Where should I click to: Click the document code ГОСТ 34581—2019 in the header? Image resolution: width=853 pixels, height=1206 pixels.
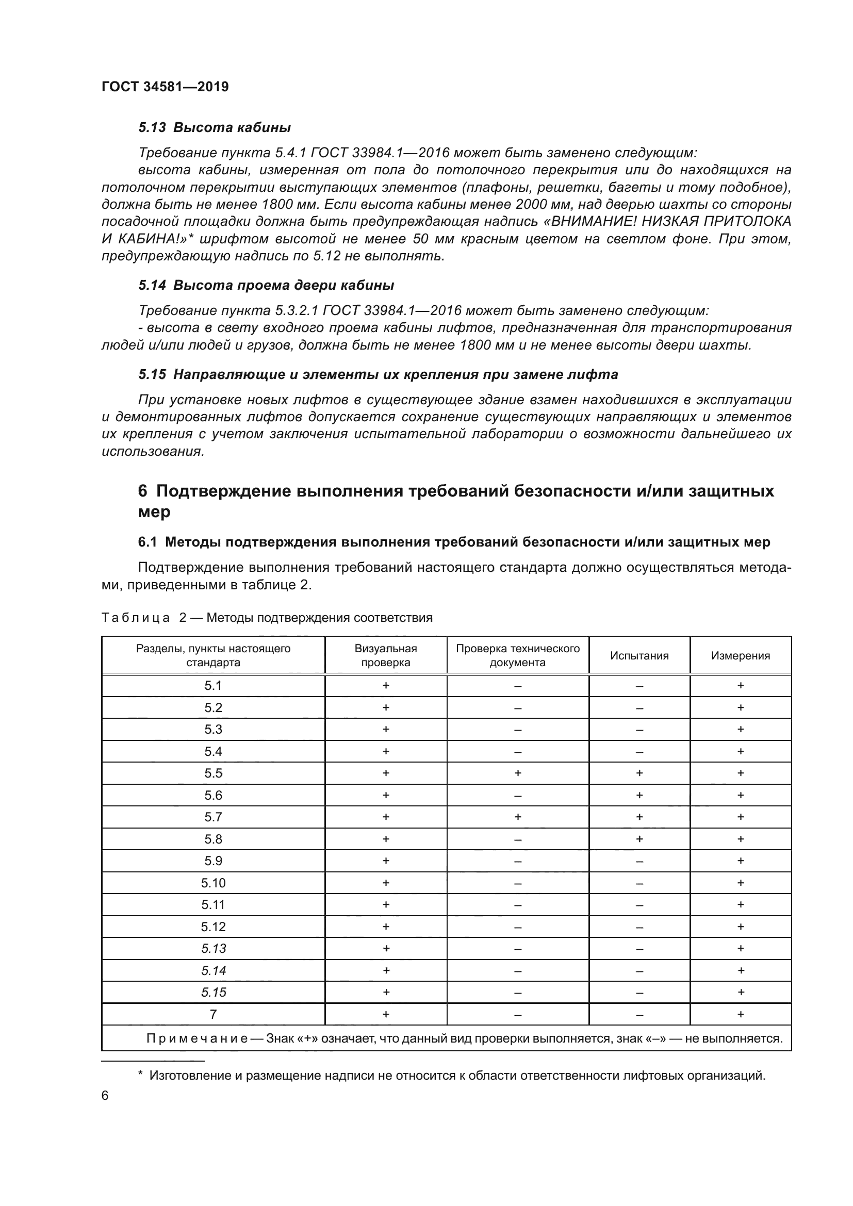165,87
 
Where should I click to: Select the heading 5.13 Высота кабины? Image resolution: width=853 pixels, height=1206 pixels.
215,128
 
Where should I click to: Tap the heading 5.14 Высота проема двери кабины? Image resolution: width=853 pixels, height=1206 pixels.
266,285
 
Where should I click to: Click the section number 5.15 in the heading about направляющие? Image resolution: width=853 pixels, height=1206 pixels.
152,374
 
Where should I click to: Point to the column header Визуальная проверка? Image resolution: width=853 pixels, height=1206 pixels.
386,655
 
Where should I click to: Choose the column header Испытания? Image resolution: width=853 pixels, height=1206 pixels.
639,655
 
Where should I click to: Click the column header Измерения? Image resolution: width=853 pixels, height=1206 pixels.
740,655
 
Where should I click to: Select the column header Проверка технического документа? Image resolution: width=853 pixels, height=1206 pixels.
517,655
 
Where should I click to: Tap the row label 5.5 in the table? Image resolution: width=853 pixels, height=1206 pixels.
214,773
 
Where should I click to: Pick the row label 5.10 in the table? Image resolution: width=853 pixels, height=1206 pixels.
214,883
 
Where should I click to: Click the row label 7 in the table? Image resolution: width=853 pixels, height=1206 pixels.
214,1014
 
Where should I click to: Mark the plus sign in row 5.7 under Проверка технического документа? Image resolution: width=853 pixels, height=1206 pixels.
517,817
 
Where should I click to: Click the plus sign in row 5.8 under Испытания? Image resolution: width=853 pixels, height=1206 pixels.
639,839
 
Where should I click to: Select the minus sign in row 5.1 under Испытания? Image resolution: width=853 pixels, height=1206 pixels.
639,686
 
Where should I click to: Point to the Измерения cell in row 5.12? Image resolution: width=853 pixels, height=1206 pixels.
740,927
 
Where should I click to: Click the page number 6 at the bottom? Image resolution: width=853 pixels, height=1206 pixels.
105,1095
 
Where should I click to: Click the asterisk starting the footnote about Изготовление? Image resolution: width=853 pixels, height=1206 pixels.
140,1075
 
